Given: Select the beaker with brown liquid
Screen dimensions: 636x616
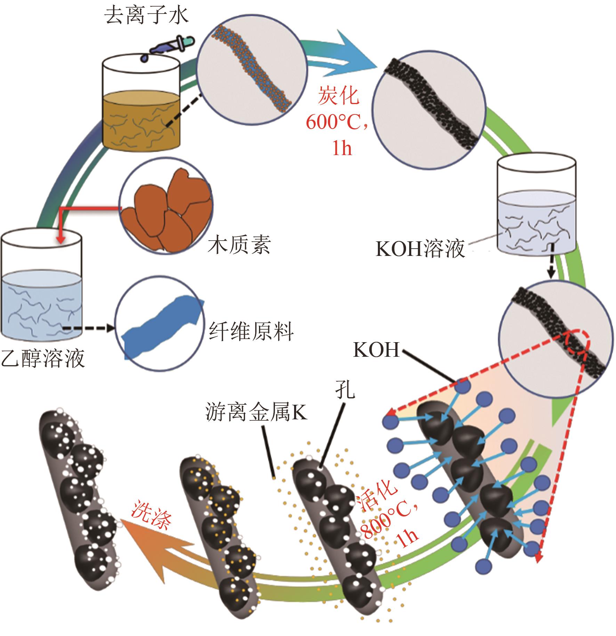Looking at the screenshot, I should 140,104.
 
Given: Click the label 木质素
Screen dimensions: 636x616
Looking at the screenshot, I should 240,244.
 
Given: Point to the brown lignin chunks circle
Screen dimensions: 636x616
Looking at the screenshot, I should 166,211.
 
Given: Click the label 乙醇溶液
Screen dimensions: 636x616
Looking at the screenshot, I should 43,358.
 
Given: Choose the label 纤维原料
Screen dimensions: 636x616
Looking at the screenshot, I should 251,331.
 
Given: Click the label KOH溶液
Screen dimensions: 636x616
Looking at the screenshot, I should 420,249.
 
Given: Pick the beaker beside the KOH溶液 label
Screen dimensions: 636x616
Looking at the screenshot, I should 536,205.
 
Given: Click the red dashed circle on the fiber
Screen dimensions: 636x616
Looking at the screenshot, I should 575,342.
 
